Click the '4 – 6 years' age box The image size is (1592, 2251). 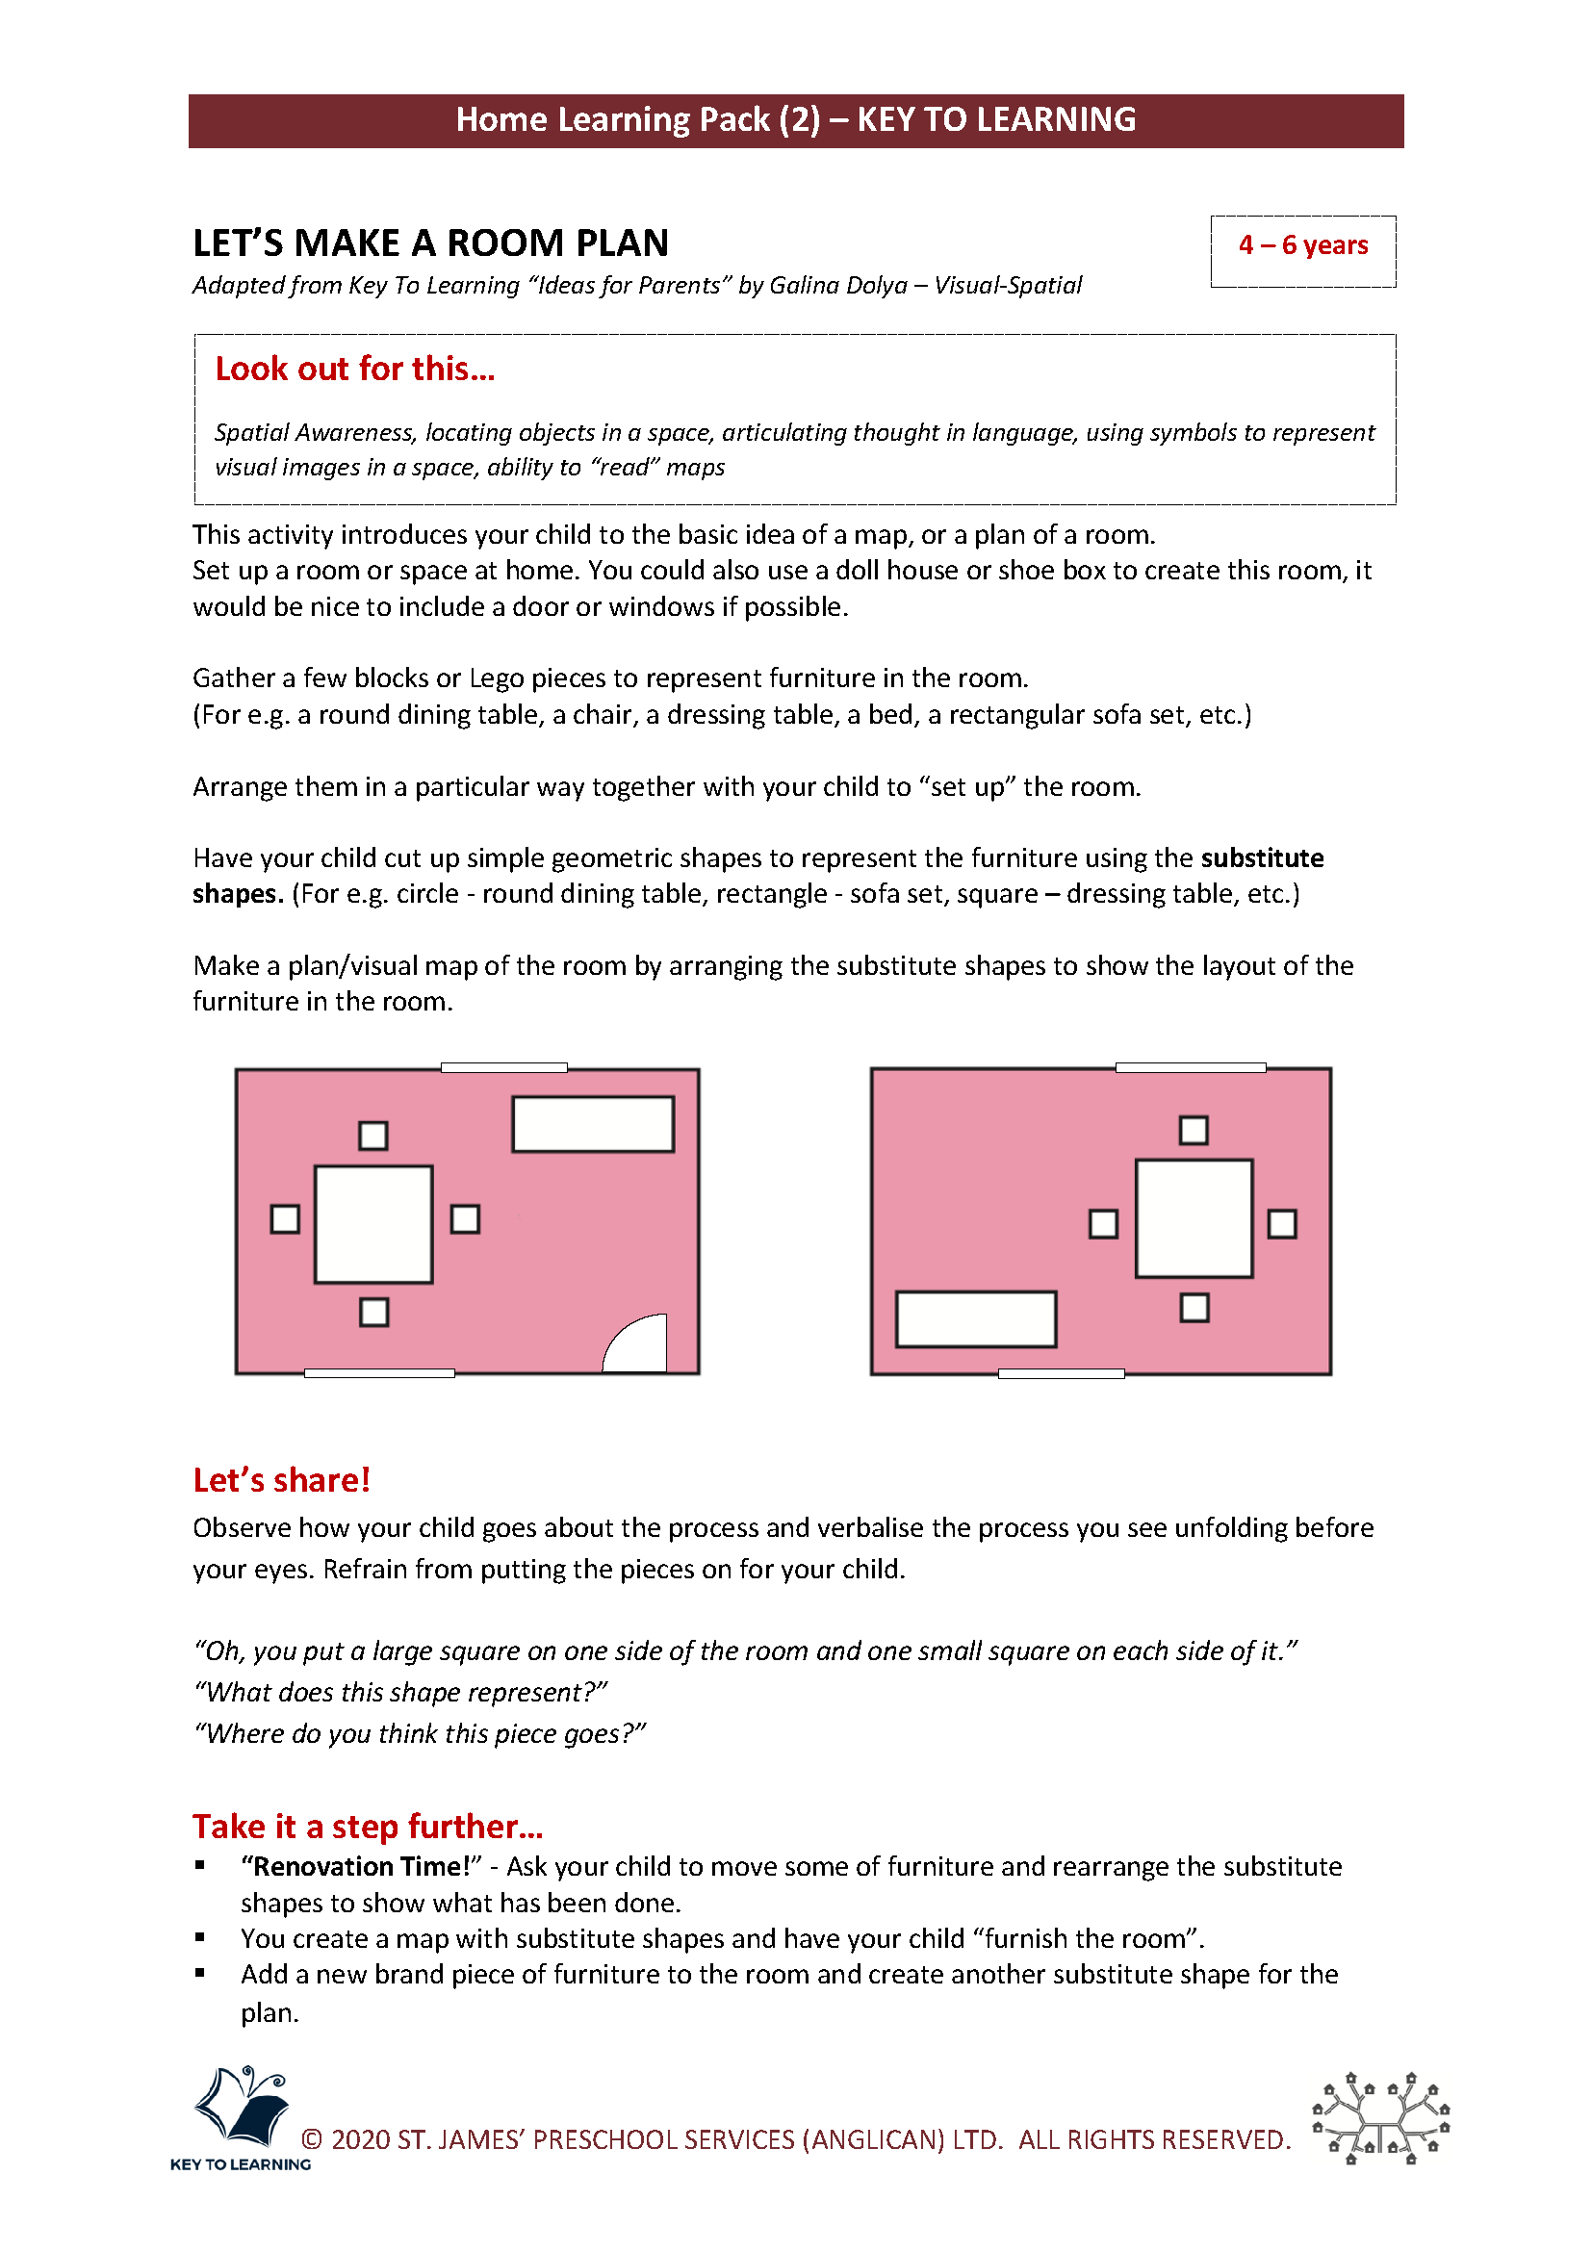[x=1302, y=245]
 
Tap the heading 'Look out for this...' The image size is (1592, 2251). [x=355, y=369]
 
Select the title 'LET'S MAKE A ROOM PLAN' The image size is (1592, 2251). [x=430, y=243]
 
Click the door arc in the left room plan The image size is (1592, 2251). [x=638, y=1347]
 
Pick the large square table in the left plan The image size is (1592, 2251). [x=373, y=1223]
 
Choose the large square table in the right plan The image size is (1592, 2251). [x=1193, y=1218]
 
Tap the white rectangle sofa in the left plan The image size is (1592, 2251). [x=593, y=1123]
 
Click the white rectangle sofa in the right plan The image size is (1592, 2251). [x=975, y=1318]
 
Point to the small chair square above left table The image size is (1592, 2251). [x=373, y=1136]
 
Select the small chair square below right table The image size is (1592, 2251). [x=1194, y=1308]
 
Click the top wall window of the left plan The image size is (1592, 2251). [x=503, y=1066]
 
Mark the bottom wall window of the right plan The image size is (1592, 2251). [x=1061, y=1373]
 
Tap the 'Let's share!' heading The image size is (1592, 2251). [x=281, y=1479]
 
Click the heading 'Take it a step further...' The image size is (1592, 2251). [x=368, y=1826]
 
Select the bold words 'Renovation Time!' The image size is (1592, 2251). [x=361, y=1866]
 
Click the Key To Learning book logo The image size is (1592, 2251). [x=243, y=2109]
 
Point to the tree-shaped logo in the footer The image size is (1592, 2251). [x=1380, y=2116]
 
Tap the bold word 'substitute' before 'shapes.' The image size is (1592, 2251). [x=1262, y=857]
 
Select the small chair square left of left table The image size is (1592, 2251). [x=285, y=1218]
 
